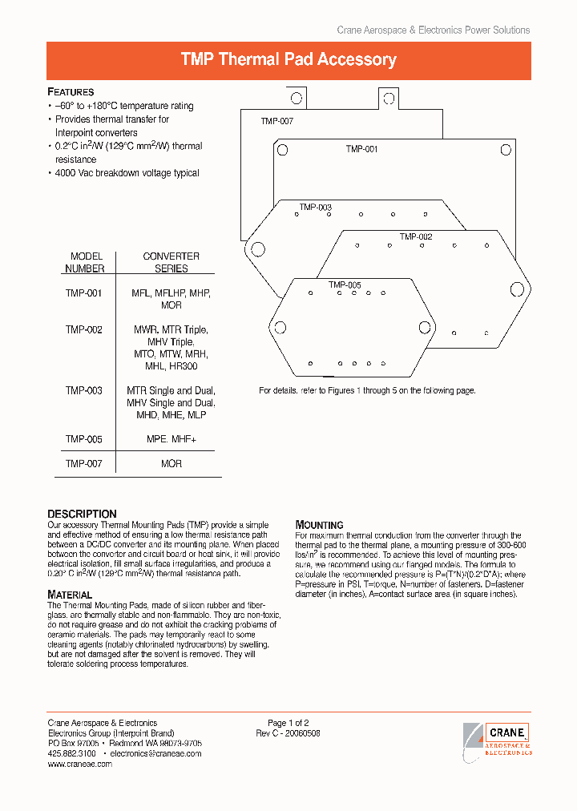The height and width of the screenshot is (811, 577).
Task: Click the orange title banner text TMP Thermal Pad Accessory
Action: (x=288, y=60)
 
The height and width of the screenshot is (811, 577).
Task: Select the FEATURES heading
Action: (x=71, y=92)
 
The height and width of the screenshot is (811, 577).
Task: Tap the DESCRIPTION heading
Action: (x=82, y=514)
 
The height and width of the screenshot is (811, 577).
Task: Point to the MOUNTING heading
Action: (x=319, y=525)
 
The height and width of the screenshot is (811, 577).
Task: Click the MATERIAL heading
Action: (x=70, y=595)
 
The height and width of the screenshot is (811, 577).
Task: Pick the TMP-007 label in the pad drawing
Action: (x=276, y=121)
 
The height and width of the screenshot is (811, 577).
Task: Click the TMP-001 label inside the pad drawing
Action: (x=361, y=149)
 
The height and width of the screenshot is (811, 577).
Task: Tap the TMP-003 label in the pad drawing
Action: (x=316, y=208)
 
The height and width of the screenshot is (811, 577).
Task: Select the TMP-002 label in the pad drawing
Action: (x=416, y=236)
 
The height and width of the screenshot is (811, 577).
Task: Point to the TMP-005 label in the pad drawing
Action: (x=345, y=284)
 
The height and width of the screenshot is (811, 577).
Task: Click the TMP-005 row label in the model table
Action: (x=84, y=439)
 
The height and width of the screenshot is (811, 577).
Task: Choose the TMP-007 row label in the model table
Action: (x=84, y=463)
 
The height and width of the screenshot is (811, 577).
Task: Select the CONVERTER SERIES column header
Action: (x=171, y=262)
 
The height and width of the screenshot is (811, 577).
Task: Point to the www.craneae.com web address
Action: (x=80, y=764)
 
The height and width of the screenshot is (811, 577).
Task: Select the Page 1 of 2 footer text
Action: (x=288, y=723)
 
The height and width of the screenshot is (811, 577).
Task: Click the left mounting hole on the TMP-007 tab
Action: (x=296, y=99)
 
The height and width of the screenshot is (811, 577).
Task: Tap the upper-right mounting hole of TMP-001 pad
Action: (x=506, y=150)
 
